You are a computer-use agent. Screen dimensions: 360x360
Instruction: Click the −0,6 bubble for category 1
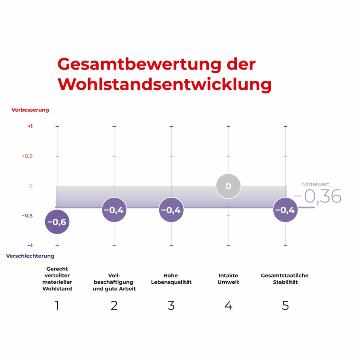click(x=57, y=222)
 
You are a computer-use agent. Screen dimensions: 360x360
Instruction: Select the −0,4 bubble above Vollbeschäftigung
click(x=114, y=210)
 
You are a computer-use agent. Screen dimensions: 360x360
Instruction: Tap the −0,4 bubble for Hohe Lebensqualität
click(x=171, y=210)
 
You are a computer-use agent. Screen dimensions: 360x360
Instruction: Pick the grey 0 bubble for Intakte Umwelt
click(x=228, y=186)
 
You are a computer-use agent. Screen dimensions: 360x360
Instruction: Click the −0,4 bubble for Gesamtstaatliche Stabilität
click(x=285, y=210)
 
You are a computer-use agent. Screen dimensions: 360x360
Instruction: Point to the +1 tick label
click(x=30, y=126)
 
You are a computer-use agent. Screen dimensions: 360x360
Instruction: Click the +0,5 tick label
click(x=27, y=156)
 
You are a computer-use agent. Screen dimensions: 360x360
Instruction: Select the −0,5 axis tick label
click(x=27, y=216)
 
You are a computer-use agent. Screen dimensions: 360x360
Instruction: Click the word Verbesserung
click(x=30, y=110)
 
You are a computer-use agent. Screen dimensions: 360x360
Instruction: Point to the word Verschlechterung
click(x=30, y=256)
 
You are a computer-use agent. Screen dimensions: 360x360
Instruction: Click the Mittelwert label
click(x=316, y=184)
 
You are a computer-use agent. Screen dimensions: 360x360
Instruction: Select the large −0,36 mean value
click(x=318, y=197)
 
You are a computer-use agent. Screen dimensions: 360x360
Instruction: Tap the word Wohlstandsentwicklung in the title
click(x=164, y=84)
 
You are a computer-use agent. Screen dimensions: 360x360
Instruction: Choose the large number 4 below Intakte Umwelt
click(x=228, y=306)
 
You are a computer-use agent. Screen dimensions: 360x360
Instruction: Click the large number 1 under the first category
click(x=57, y=306)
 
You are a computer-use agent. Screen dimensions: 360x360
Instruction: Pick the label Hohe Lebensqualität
click(x=171, y=279)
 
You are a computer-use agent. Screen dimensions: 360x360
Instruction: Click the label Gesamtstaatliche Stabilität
click(x=285, y=279)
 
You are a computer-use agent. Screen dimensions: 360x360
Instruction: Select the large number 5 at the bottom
click(x=285, y=306)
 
